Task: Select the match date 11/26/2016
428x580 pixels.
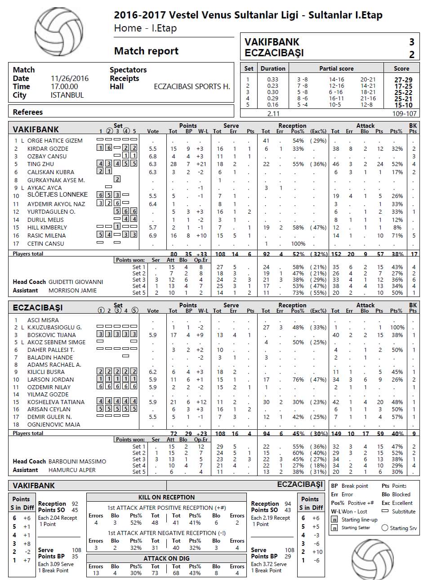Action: point(70,78)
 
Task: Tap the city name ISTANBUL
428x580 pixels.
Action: point(67,95)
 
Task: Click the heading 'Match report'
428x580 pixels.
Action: point(146,51)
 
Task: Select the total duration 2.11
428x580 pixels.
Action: point(273,114)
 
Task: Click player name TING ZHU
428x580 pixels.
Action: point(40,164)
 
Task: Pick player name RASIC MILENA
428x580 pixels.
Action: point(46,235)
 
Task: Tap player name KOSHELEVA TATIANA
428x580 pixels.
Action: point(56,402)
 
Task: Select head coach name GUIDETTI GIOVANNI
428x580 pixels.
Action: point(76,282)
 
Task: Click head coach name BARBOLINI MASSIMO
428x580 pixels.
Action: point(77,462)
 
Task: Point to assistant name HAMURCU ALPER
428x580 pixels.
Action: point(72,470)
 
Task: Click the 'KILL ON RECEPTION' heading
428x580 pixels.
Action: point(166,497)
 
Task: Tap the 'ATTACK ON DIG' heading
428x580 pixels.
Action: point(166,558)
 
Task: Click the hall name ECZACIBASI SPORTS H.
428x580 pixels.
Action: point(192,87)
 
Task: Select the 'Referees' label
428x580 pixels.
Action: point(28,112)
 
